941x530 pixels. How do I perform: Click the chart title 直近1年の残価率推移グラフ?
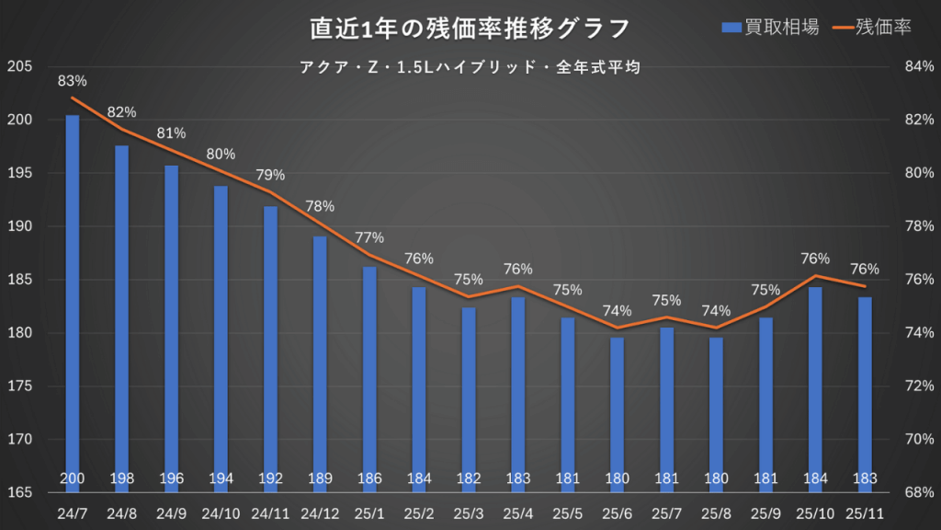tap(470, 29)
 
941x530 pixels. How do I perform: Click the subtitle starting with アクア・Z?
tap(470, 67)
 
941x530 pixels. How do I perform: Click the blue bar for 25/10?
tap(814, 386)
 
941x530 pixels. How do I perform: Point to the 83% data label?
tap(73, 81)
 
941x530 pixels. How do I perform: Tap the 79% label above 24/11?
tap(270, 175)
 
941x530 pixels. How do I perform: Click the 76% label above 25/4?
tap(517, 270)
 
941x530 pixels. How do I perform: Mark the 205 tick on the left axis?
tap(19, 66)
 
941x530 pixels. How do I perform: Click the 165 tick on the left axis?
tap(19, 492)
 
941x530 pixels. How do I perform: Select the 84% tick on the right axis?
tap(920, 66)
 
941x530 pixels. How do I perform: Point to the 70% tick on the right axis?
tap(920, 439)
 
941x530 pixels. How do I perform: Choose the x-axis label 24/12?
tap(320, 512)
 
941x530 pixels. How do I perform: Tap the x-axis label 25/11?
tap(864, 512)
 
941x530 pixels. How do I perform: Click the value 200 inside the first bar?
tap(73, 478)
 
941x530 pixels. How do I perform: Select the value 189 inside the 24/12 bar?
tap(320, 478)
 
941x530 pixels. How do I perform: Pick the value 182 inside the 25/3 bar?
tap(469, 478)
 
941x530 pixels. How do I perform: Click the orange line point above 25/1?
tap(369, 255)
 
